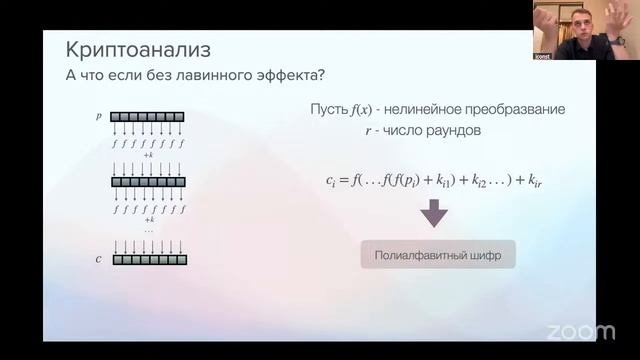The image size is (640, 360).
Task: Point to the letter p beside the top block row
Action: [99, 116]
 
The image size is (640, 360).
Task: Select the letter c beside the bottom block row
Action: [98, 260]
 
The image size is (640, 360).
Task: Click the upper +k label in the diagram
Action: [148, 155]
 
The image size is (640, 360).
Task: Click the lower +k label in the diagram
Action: [148, 219]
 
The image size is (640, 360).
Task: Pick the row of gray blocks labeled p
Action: [148, 116]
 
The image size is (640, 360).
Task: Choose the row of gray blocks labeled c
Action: [148, 260]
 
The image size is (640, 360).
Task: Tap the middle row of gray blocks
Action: [148, 182]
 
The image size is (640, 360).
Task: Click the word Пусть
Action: [330, 108]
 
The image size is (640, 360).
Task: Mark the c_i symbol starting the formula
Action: [332, 181]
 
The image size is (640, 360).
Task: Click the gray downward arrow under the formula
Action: [434, 213]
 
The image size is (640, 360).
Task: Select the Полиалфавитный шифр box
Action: [438, 255]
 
